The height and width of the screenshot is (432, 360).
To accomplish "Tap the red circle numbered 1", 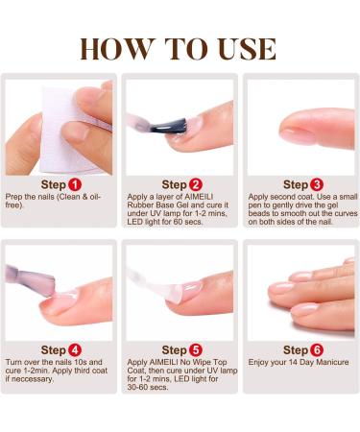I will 74,183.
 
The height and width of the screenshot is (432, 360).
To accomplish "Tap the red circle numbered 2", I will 196,183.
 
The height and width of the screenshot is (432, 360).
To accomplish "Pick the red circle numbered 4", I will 74,349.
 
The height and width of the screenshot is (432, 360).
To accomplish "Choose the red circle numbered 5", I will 196,349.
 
